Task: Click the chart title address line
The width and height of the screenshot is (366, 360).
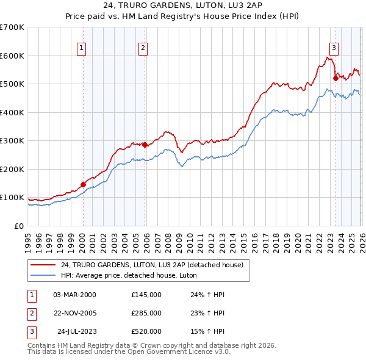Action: coord(183,5)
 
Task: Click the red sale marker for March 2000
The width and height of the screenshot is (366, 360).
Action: coord(83,184)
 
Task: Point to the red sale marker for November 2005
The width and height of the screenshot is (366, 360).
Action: coord(145,145)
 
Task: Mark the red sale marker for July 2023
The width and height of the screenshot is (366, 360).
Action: coord(335,78)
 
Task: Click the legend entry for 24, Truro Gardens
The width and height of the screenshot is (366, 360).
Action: coord(152,265)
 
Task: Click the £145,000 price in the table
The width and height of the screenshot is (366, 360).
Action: coord(146,294)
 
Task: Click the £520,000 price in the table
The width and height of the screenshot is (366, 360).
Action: coord(146,331)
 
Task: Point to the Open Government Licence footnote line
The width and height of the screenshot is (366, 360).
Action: coord(129,351)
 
